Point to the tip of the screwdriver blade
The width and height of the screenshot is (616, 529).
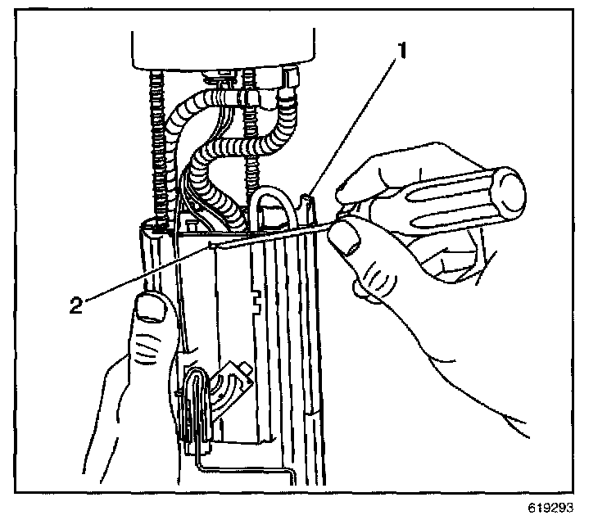click(211, 243)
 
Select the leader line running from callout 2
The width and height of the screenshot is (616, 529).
click(147, 274)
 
